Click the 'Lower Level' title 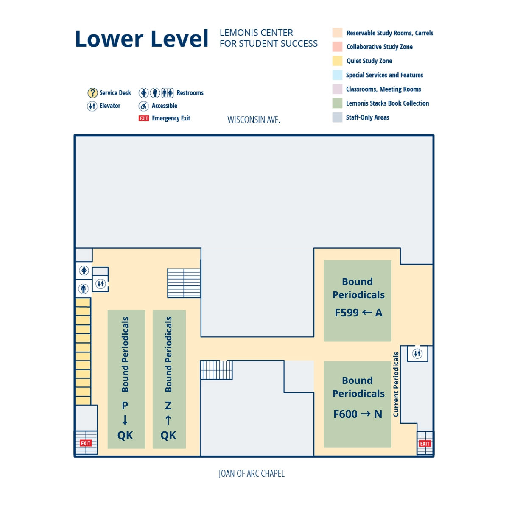click(141, 39)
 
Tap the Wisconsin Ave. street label click(254, 120)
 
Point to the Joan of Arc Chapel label click(252, 474)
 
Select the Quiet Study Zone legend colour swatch click(337, 61)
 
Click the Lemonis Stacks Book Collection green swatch click(337, 103)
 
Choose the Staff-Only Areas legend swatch click(337, 117)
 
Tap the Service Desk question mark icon click(92, 93)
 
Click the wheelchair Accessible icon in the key click(144, 106)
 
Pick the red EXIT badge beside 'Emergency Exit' click(144, 118)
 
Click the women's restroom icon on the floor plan click(84, 270)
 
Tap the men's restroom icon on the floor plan click(84, 289)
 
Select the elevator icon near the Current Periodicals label click(417, 353)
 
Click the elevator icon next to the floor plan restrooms click(101, 284)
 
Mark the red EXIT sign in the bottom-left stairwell click(86, 443)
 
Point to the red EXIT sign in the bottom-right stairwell click(425, 444)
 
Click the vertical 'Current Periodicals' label click(396, 384)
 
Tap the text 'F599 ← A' click(358, 313)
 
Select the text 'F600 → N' click(358, 414)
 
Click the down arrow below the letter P click(125, 420)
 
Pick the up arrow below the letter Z click(168, 420)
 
